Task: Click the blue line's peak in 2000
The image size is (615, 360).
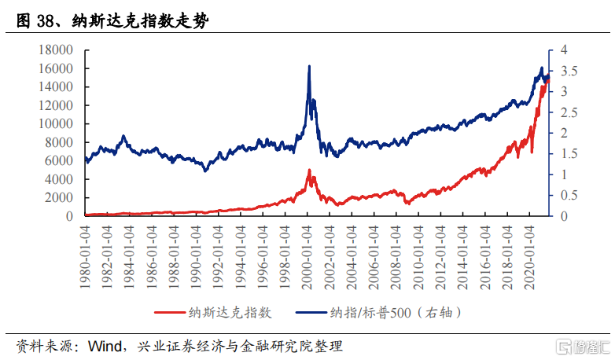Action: pos(309,67)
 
